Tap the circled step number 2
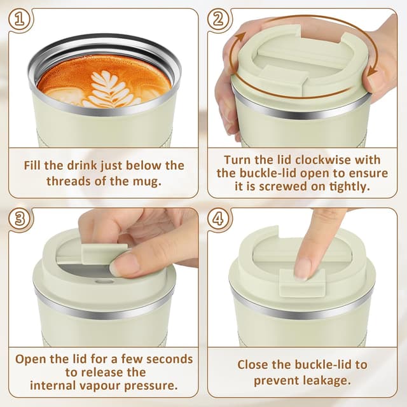pyautogui.click(x=218, y=19)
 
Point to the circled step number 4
pyautogui.click(x=218, y=219)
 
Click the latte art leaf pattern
pyautogui.click(x=113, y=89)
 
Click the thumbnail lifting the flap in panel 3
pyautogui.click(x=123, y=265)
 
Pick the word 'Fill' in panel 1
pyautogui.click(x=35, y=165)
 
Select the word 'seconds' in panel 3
pyautogui.click(x=167, y=359)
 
